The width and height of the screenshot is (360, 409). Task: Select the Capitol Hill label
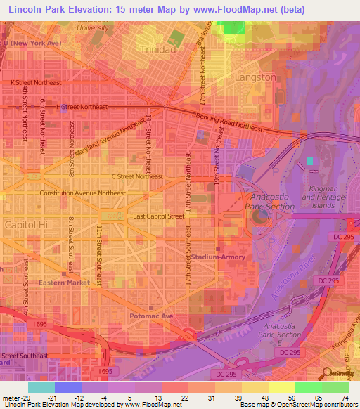tap(28, 224)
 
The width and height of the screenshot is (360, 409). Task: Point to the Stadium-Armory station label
tap(219, 257)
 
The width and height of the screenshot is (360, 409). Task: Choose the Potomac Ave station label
tap(151, 317)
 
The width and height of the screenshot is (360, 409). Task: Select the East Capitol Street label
tap(158, 216)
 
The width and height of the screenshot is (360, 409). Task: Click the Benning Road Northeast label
tap(232, 122)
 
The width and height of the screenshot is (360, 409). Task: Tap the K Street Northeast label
tap(36, 82)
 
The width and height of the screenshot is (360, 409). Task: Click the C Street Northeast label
tap(136, 176)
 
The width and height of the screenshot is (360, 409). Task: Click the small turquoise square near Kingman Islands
tap(310, 161)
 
